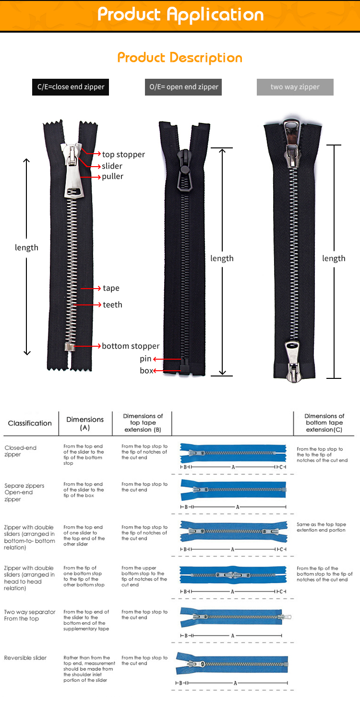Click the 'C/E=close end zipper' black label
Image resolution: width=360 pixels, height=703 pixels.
tap(71, 87)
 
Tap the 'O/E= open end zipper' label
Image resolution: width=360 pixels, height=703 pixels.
tap(183, 87)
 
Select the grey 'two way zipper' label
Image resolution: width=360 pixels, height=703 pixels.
tap(295, 87)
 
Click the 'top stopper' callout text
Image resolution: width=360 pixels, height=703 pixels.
tap(123, 154)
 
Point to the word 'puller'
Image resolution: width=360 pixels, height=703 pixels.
tap(112, 176)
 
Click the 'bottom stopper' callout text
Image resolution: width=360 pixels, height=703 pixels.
tap(131, 346)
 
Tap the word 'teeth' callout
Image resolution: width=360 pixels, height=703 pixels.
tap(112, 304)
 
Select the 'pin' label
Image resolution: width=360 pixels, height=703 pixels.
tap(145, 359)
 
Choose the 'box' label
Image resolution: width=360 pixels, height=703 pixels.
tap(146, 370)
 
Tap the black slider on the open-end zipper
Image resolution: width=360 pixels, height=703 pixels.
tap(183, 170)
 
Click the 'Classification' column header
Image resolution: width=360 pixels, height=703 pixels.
tap(30, 423)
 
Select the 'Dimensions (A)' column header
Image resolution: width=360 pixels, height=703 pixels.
tap(85, 423)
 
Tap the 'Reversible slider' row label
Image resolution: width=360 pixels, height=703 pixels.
tap(25, 657)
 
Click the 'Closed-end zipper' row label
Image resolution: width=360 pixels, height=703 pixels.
tap(21, 451)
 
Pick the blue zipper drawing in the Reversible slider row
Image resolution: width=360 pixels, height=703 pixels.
tap(233, 664)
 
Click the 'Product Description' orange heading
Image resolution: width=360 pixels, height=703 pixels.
tap(180, 58)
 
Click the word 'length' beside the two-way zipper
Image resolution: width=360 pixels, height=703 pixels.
tap(334, 258)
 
